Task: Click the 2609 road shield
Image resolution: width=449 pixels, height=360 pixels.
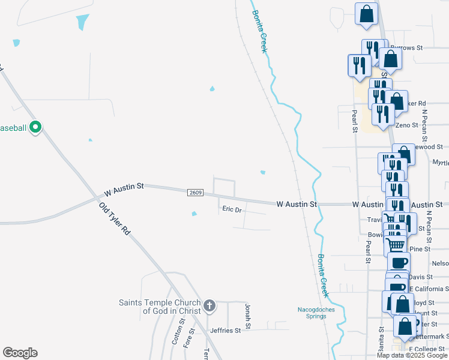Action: click(x=196, y=193)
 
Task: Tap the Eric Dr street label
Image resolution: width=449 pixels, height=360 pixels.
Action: click(x=232, y=209)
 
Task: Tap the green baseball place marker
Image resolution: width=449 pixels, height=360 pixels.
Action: click(x=35, y=127)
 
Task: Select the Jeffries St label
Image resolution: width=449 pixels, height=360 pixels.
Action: click(x=225, y=330)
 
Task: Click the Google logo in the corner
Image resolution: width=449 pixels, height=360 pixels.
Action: click(x=20, y=353)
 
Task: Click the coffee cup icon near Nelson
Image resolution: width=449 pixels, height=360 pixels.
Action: click(x=399, y=262)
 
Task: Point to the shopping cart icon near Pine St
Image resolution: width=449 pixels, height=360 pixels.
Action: click(x=395, y=244)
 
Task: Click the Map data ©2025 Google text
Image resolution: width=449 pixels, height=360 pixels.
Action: click(x=412, y=355)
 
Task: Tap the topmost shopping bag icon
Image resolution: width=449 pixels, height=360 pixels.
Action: click(x=367, y=13)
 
